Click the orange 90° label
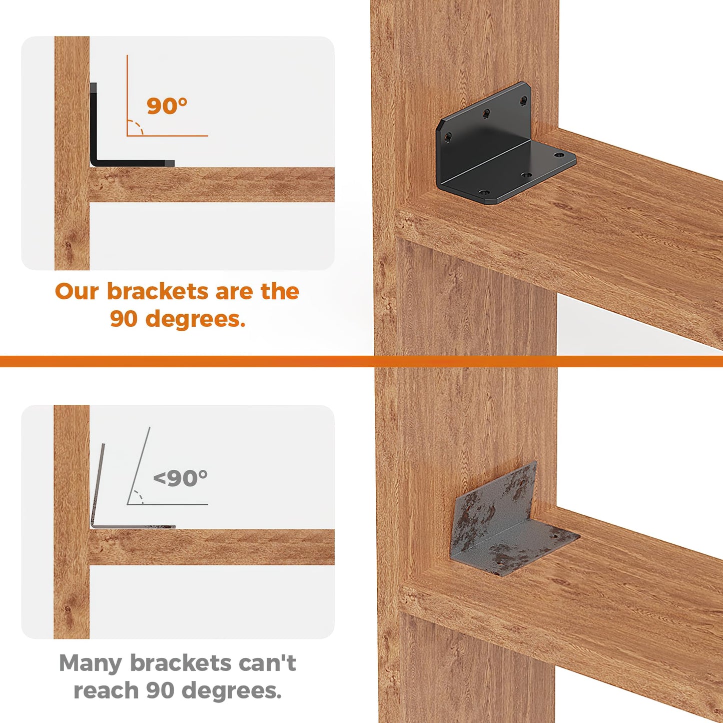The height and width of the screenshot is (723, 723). (167, 106)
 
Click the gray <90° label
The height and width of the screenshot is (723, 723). (180, 478)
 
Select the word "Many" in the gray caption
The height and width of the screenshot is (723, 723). (91, 663)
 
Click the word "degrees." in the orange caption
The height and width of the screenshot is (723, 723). (196, 319)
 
